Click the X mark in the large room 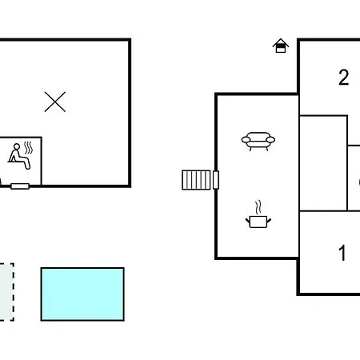point(55,102)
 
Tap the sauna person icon point(19,157)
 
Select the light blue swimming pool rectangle point(82,294)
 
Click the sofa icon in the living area point(258,142)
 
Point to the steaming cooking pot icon point(258,214)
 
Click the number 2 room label point(344,78)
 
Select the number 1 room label point(342,253)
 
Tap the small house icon point(281,46)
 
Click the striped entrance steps point(196,180)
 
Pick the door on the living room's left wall point(216,180)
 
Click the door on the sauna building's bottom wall point(20,186)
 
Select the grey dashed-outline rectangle point(6,292)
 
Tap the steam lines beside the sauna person point(28,148)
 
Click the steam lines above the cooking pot point(258,207)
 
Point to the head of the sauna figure point(17,146)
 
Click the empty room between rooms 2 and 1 point(323,163)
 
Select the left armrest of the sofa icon point(246,140)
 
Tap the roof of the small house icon point(281,42)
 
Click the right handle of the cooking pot point(269,221)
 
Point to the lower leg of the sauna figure point(26,163)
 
